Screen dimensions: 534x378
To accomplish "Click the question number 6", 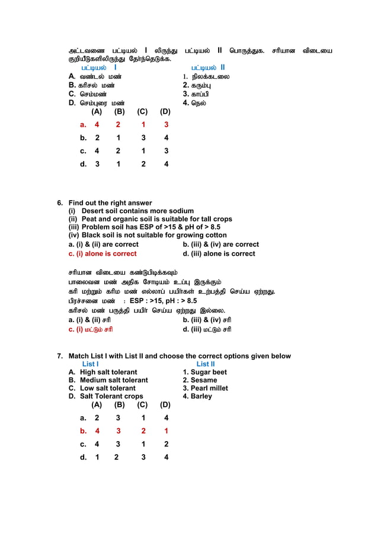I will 60,203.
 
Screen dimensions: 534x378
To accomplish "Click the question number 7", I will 60,356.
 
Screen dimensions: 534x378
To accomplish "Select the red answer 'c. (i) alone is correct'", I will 102,253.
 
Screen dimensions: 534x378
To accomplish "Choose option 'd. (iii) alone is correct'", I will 219,253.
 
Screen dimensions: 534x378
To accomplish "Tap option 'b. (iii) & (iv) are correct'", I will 220,244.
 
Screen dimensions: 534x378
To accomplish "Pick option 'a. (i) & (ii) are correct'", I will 104,244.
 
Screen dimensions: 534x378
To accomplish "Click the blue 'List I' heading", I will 90,364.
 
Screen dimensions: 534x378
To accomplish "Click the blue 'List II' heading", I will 206,364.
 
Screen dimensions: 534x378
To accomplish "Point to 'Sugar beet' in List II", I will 204,372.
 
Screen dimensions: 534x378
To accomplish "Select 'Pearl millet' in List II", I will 205,388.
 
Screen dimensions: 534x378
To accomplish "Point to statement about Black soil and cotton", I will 148,235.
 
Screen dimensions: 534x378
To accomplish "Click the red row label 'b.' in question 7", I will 84,431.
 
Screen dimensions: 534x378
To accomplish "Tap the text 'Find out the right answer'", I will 110,203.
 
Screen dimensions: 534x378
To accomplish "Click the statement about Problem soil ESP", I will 145,227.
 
